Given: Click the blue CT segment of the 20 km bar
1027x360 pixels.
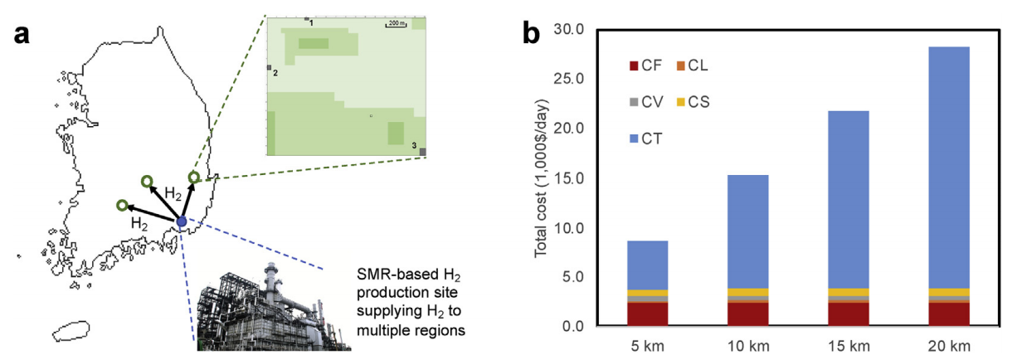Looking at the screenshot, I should [947, 166].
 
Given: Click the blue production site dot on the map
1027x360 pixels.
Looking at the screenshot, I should [181, 221].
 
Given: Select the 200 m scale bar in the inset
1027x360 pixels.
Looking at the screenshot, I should [396, 25].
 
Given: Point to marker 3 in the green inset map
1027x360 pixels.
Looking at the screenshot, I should [422, 151].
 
